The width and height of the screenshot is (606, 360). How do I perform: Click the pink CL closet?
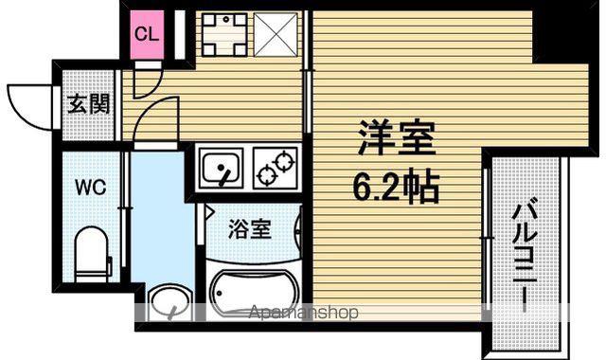[x=147, y=35]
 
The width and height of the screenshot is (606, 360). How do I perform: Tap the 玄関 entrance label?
[x=89, y=104]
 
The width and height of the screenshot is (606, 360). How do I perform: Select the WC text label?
[x=91, y=188]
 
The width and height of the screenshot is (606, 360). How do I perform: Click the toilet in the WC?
[x=91, y=254]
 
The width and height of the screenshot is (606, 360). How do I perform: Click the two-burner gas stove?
[x=276, y=168]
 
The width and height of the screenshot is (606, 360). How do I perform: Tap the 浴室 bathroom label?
[x=250, y=229]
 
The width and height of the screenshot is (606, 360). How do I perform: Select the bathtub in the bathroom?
[x=255, y=292]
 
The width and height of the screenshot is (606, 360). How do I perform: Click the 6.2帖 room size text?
[x=396, y=187]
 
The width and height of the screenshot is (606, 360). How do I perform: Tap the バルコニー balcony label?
[x=525, y=255]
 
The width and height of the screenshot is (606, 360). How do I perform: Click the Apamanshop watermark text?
[x=303, y=312]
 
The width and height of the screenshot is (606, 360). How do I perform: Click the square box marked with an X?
[x=276, y=35]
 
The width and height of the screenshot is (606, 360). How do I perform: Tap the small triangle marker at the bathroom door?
[x=209, y=212]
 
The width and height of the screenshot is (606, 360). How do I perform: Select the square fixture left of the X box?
[x=224, y=35]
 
